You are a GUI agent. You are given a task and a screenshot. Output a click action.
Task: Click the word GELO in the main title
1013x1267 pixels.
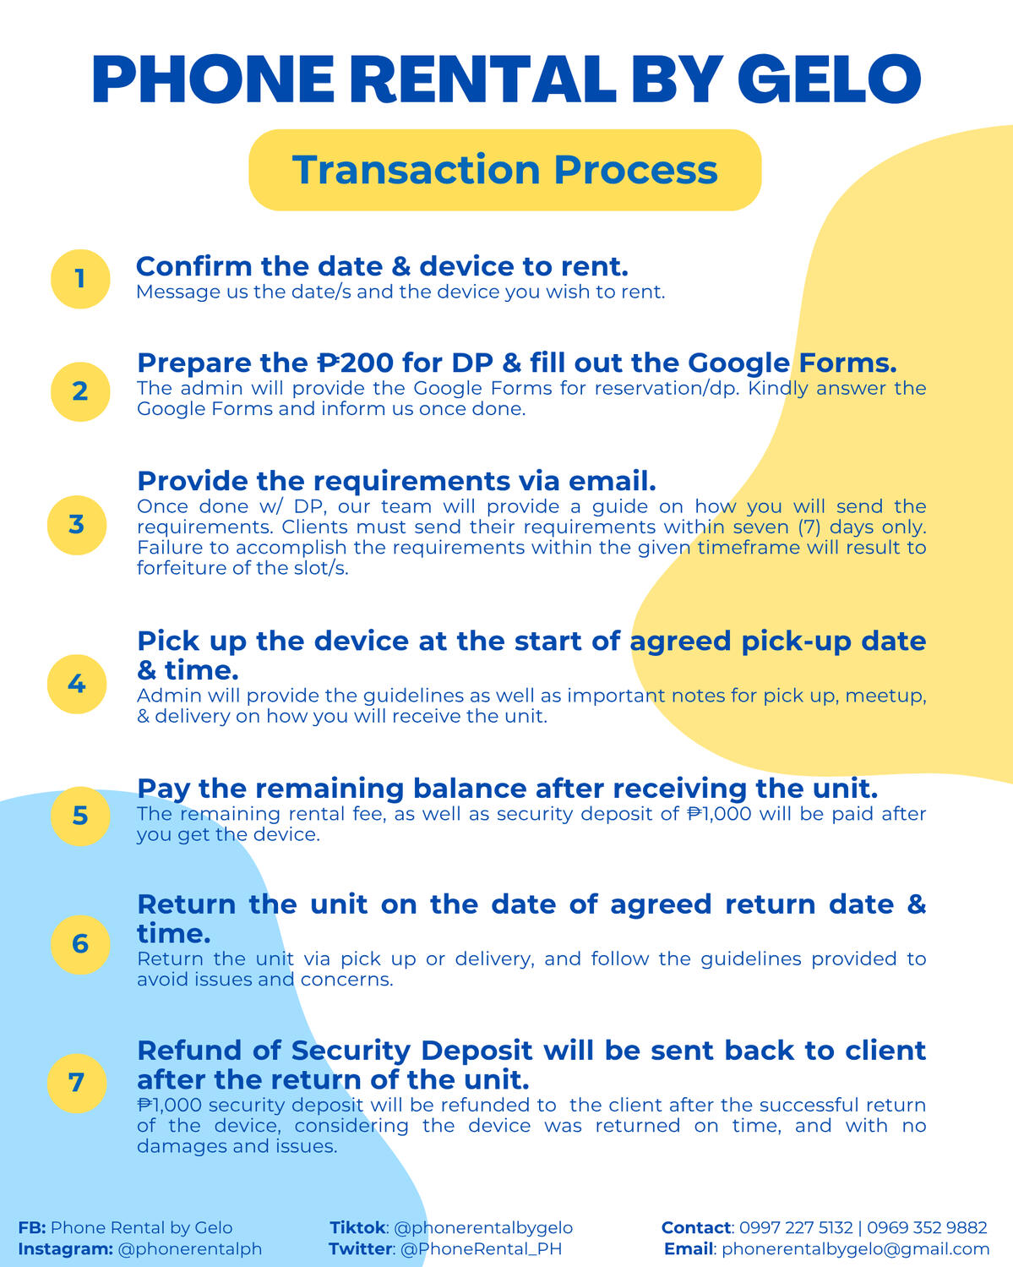pyautogui.click(x=829, y=79)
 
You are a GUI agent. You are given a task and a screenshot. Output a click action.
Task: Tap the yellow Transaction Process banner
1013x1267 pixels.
pyautogui.click(x=505, y=170)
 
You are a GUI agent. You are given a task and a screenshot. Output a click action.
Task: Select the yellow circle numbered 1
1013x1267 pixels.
pyautogui.click(x=80, y=279)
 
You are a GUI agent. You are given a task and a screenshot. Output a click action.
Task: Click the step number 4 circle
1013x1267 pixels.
pyautogui.click(x=77, y=684)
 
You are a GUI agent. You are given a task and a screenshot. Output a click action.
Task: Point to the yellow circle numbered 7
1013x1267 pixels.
pyautogui.click(x=77, y=1083)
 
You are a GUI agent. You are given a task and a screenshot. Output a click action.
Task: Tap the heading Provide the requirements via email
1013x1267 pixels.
pyautogui.click(x=396, y=481)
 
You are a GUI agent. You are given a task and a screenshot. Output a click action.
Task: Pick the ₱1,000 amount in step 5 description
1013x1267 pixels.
pyautogui.click(x=718, y=814)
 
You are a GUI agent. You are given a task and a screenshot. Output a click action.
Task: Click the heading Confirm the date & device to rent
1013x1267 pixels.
pyautogui.click(x=382, y=266)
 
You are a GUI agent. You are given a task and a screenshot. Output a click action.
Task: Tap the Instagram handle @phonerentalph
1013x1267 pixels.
pyautogui.click(x=190, y=1249)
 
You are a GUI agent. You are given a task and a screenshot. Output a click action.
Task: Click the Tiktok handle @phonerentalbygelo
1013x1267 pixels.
pyautogui.click(x=483, y=1228)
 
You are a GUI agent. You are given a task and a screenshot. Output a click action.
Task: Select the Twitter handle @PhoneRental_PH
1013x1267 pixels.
pyautogui.click(x=481, y=1249)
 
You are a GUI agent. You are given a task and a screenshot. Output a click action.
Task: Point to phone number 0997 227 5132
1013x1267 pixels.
pyautogui.click(x=796, y=1228)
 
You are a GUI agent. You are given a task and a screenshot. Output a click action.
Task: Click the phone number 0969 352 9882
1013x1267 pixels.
pyautogui.click(x=927, y=1228)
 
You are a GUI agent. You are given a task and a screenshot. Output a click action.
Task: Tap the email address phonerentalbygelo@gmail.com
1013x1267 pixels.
pyautogui.click(x=855, y=1249)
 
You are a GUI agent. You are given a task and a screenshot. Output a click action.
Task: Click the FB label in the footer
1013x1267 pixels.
pyautogui.click(x=31, y=1228)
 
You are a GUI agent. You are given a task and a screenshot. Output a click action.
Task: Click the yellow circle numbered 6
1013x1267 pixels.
pyautogui.click(x=80, y=944)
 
